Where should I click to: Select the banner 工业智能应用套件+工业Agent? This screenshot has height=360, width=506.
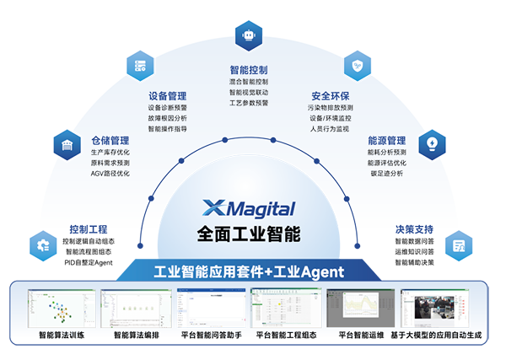[250, 272]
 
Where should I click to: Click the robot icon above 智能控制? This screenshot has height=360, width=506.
[249, 36]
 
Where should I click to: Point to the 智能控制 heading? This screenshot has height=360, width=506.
[249, 70]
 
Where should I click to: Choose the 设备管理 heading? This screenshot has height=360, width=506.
[167, 96]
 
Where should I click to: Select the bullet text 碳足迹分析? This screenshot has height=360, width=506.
[386, 173]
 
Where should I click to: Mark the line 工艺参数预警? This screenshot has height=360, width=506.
[249, 103]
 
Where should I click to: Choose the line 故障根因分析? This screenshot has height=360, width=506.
[167, 118]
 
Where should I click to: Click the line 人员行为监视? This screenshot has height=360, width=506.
[330, 129]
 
